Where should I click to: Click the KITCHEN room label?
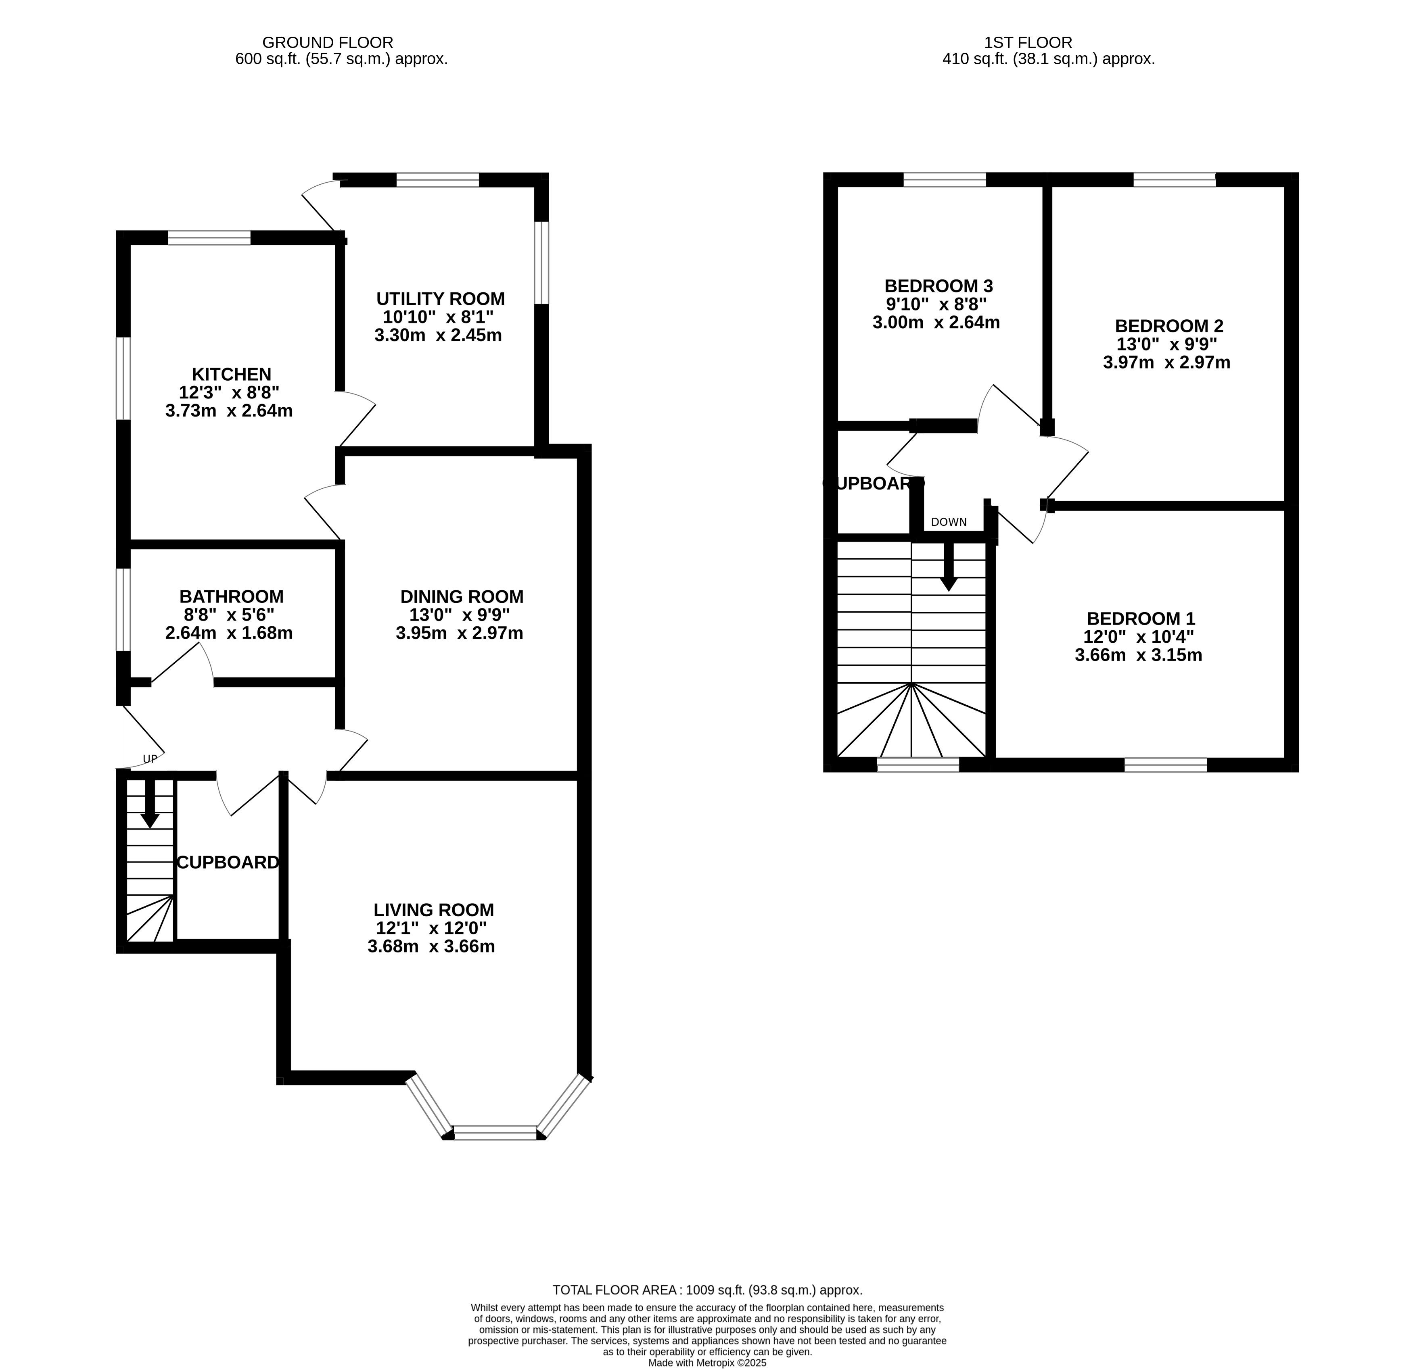click(231, 375)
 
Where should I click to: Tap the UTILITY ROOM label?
click(440, 299)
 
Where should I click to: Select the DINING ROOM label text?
click(462, 597)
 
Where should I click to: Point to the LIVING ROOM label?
click(434, 910)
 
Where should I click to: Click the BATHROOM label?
click(231, 597)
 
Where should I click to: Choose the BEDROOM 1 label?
click(1141, 619)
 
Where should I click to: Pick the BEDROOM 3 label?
click(938, 286)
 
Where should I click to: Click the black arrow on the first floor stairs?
click(949, 567)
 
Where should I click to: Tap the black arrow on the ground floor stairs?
click(150, 802)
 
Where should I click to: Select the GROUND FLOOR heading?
click(327, 43)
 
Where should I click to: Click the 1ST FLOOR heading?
click(1029, 43)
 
